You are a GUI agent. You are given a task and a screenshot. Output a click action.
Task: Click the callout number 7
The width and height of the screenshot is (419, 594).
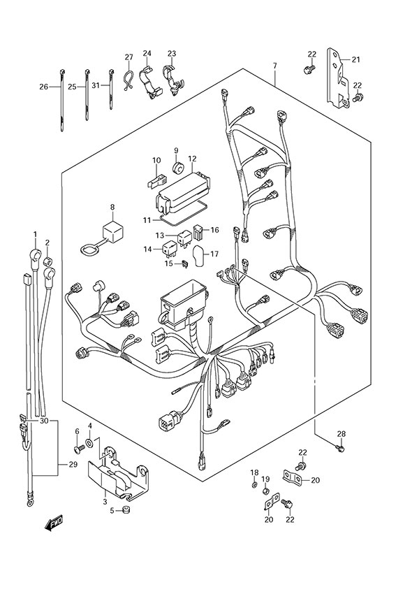tap(275, 66)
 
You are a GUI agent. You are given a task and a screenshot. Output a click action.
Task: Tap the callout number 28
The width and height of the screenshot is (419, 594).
tap(341, 435)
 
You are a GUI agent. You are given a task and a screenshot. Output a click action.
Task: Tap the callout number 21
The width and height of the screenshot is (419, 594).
tap(356, 60)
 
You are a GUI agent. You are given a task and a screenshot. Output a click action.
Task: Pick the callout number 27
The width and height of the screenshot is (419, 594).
tap(128, 57)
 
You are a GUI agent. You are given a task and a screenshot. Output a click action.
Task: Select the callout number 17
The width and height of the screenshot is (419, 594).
tap(214, 254)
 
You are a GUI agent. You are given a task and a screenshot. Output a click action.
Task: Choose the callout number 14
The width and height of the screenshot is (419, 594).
tap(147, 249)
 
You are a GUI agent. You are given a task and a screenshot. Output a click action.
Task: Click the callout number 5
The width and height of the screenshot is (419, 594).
tap(111, 510)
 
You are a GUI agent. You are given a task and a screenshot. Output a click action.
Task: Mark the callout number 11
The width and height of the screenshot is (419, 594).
tap(147, 219)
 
